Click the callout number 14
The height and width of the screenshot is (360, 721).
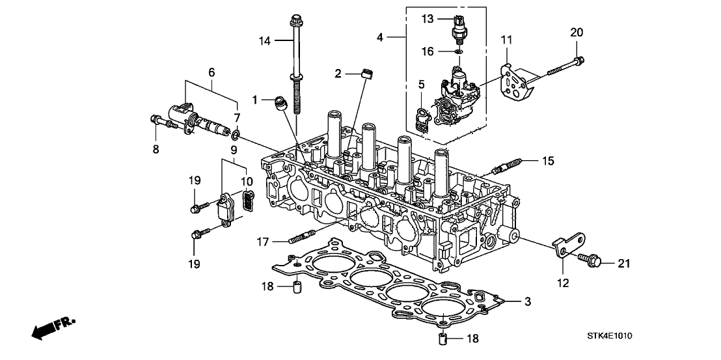click(264, 40)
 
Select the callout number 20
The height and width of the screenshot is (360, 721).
click(576, 33)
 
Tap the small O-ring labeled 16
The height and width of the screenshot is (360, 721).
click(459, 51)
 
